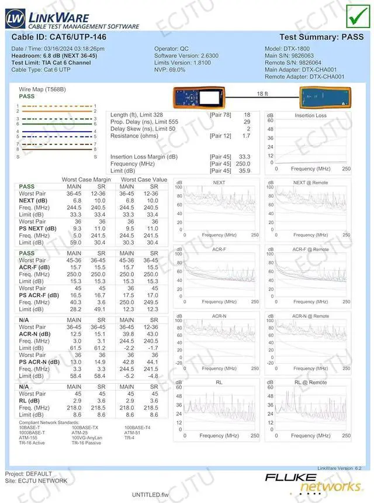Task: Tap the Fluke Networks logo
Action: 313,483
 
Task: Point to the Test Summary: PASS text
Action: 321,37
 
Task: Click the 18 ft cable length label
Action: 262,94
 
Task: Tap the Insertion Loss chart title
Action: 310,116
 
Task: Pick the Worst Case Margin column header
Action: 86,180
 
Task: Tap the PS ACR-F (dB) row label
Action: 39,295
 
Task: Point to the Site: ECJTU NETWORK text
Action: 36,481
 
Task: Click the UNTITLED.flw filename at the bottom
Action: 150,495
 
